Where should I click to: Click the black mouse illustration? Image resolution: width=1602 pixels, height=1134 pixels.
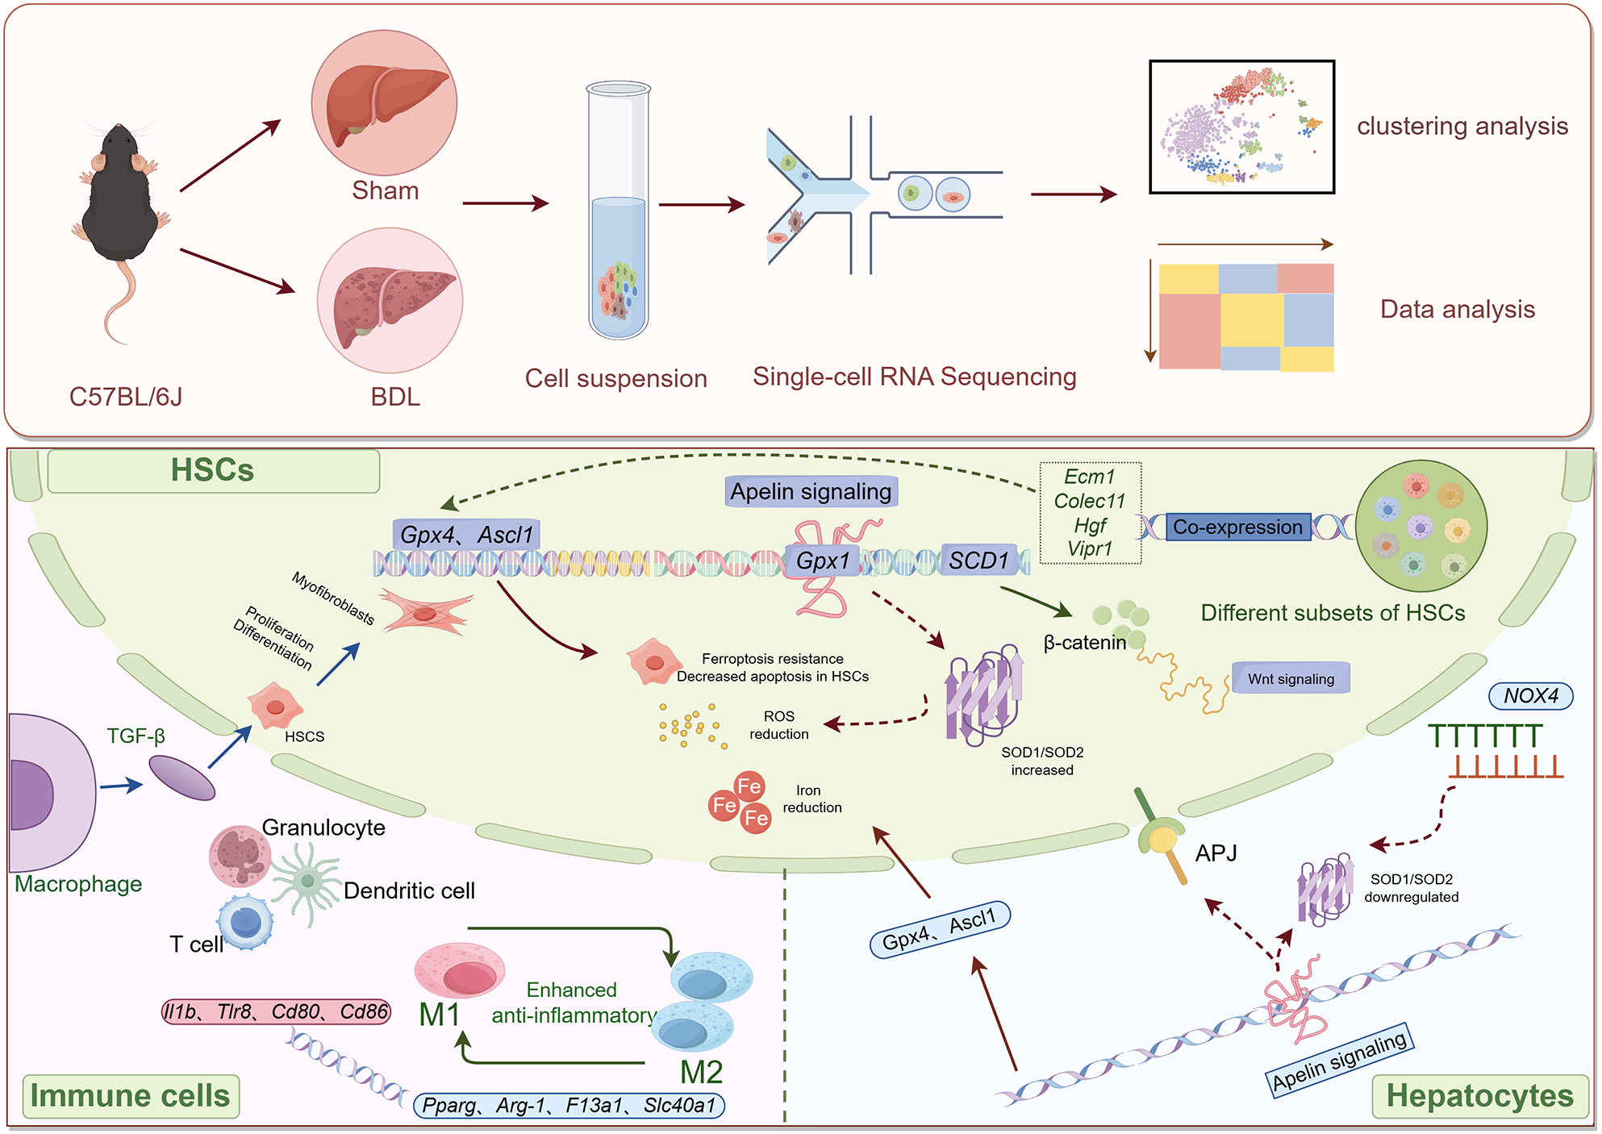point(121,202)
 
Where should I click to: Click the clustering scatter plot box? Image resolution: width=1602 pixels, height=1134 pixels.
point(1241,127)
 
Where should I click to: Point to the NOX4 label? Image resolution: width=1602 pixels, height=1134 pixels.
point(1530,696)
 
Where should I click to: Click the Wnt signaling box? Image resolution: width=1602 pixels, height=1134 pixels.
point(1291,679)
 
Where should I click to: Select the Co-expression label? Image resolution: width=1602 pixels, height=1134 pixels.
point(1237,527)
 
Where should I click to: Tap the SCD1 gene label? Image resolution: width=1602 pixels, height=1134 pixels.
point(978,561)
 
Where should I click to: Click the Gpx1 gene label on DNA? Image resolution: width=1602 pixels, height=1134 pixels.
point(823,561)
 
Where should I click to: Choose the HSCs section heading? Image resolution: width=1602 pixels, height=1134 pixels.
point(213,471)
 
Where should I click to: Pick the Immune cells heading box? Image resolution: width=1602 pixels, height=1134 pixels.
point(131,1096)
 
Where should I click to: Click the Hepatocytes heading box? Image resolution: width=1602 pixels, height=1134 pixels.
point(1479,1096)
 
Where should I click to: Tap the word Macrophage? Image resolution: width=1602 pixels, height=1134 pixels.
point(78,885)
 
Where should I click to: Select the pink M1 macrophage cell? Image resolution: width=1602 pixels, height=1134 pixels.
point(460,971)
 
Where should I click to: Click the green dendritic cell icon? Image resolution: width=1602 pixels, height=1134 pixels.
point(307,882)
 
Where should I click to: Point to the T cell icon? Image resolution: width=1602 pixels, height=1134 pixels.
point(245,922)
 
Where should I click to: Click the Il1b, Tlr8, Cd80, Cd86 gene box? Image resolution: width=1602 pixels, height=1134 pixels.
point(276,1011)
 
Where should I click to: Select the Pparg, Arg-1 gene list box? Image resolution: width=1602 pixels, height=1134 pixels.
point(569,1106)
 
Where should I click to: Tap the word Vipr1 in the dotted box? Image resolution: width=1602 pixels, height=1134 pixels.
point(1090,549)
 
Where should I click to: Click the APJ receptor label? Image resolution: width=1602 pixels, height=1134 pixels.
point(1216,853)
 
